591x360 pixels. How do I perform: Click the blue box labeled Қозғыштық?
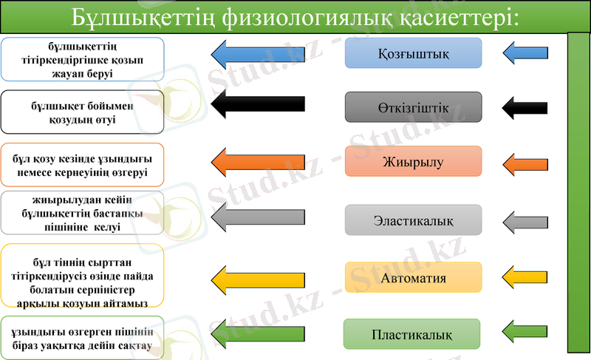413,53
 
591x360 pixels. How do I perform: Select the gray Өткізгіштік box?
413,107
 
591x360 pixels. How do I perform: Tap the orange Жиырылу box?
413,161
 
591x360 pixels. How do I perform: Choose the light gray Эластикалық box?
413,220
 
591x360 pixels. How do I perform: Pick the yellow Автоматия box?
413,277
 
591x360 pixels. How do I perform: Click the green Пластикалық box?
411,334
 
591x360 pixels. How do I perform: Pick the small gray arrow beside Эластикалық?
525,220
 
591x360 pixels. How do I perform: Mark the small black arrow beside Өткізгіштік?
525,107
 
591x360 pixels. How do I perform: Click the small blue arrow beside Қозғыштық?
525,53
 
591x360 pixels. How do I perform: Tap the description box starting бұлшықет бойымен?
82,112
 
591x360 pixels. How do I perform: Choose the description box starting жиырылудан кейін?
82,213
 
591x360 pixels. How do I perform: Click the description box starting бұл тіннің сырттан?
82,276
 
